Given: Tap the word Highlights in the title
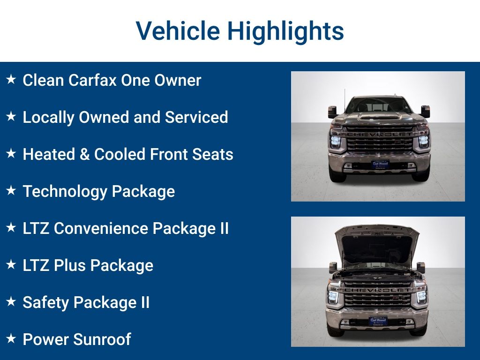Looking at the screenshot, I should [285, 31].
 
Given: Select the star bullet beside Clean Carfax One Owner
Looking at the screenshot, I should [11, 80].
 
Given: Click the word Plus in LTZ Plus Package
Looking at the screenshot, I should [70, 265].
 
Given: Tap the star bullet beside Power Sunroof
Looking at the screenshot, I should [11, 338].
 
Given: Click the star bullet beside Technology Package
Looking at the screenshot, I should [11, 190].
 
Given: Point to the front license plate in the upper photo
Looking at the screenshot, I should [380, 165].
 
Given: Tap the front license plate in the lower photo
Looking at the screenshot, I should [378, 321].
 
